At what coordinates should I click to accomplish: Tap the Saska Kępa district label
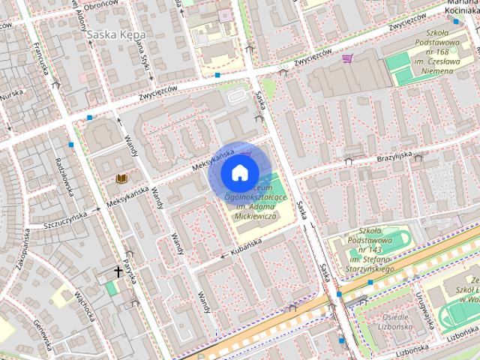tap(116, 34)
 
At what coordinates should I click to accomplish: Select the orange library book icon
tap(121, 178)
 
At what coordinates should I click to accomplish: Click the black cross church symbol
tap(118, 271)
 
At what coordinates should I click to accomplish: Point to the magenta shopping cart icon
tap(347, 58)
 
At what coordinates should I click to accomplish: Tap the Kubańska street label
tap(246, 245)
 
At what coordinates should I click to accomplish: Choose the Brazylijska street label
tap(394, 155)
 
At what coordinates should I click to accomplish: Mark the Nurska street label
tap(12, 95)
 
